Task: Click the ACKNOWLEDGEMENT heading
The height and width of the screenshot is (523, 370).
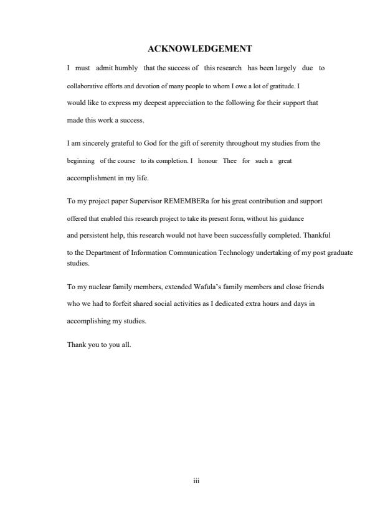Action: coord(199,49)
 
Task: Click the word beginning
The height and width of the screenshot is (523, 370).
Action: coord(80,160)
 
